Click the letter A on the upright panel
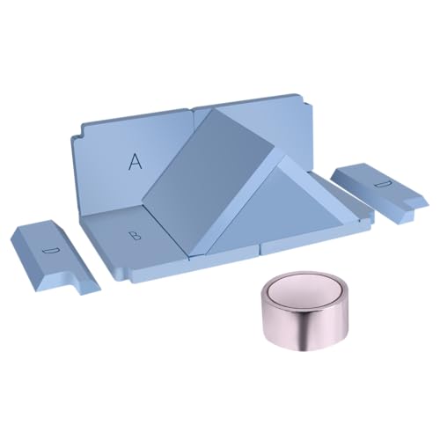tap(136, 162)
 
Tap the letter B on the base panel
tap(136, 235)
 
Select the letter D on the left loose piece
tap(51, 251)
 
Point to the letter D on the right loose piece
tap(383, 184)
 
